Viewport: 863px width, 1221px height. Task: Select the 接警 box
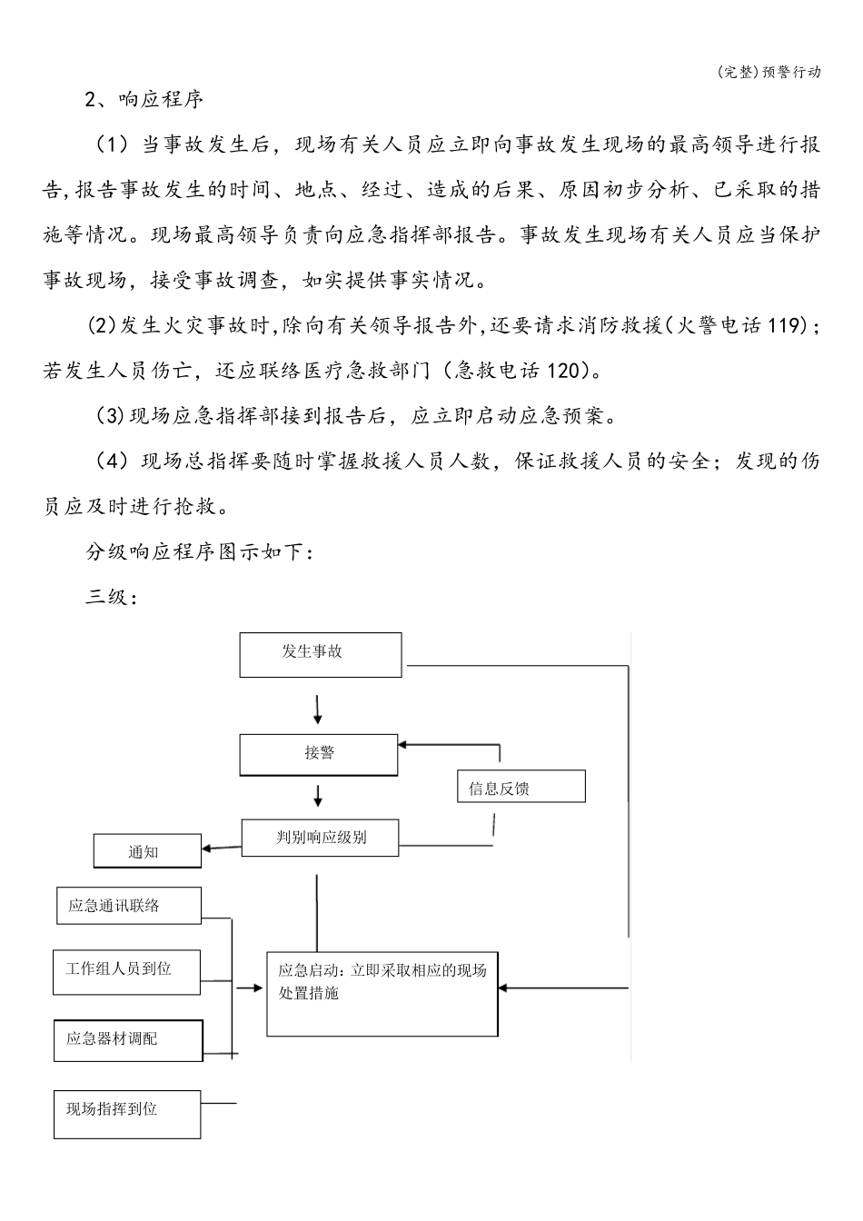click(x=319, y=754)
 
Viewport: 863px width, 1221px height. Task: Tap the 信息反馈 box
click(x=521, y=787)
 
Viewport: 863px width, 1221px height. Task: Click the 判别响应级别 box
click(x=320, y=838)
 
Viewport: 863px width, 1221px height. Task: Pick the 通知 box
click(x=147, y=851)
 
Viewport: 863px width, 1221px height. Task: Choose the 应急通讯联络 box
click(x=128, y=905)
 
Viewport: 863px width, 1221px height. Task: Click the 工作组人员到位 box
click(x=126, y=971)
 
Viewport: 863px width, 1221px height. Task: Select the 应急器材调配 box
click(x=128, y=1039)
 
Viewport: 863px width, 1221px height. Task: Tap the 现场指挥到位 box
click(x=126, y=1113)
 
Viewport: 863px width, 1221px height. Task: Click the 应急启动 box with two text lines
click(x=382, y=993)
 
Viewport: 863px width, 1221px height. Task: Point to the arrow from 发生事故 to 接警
click(x=318, y=710)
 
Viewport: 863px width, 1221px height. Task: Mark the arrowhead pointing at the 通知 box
click(x=208, y=849)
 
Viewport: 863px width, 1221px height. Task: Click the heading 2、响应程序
click(x=144, y=99)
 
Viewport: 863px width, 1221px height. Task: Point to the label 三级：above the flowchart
click(x=111, y=598)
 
